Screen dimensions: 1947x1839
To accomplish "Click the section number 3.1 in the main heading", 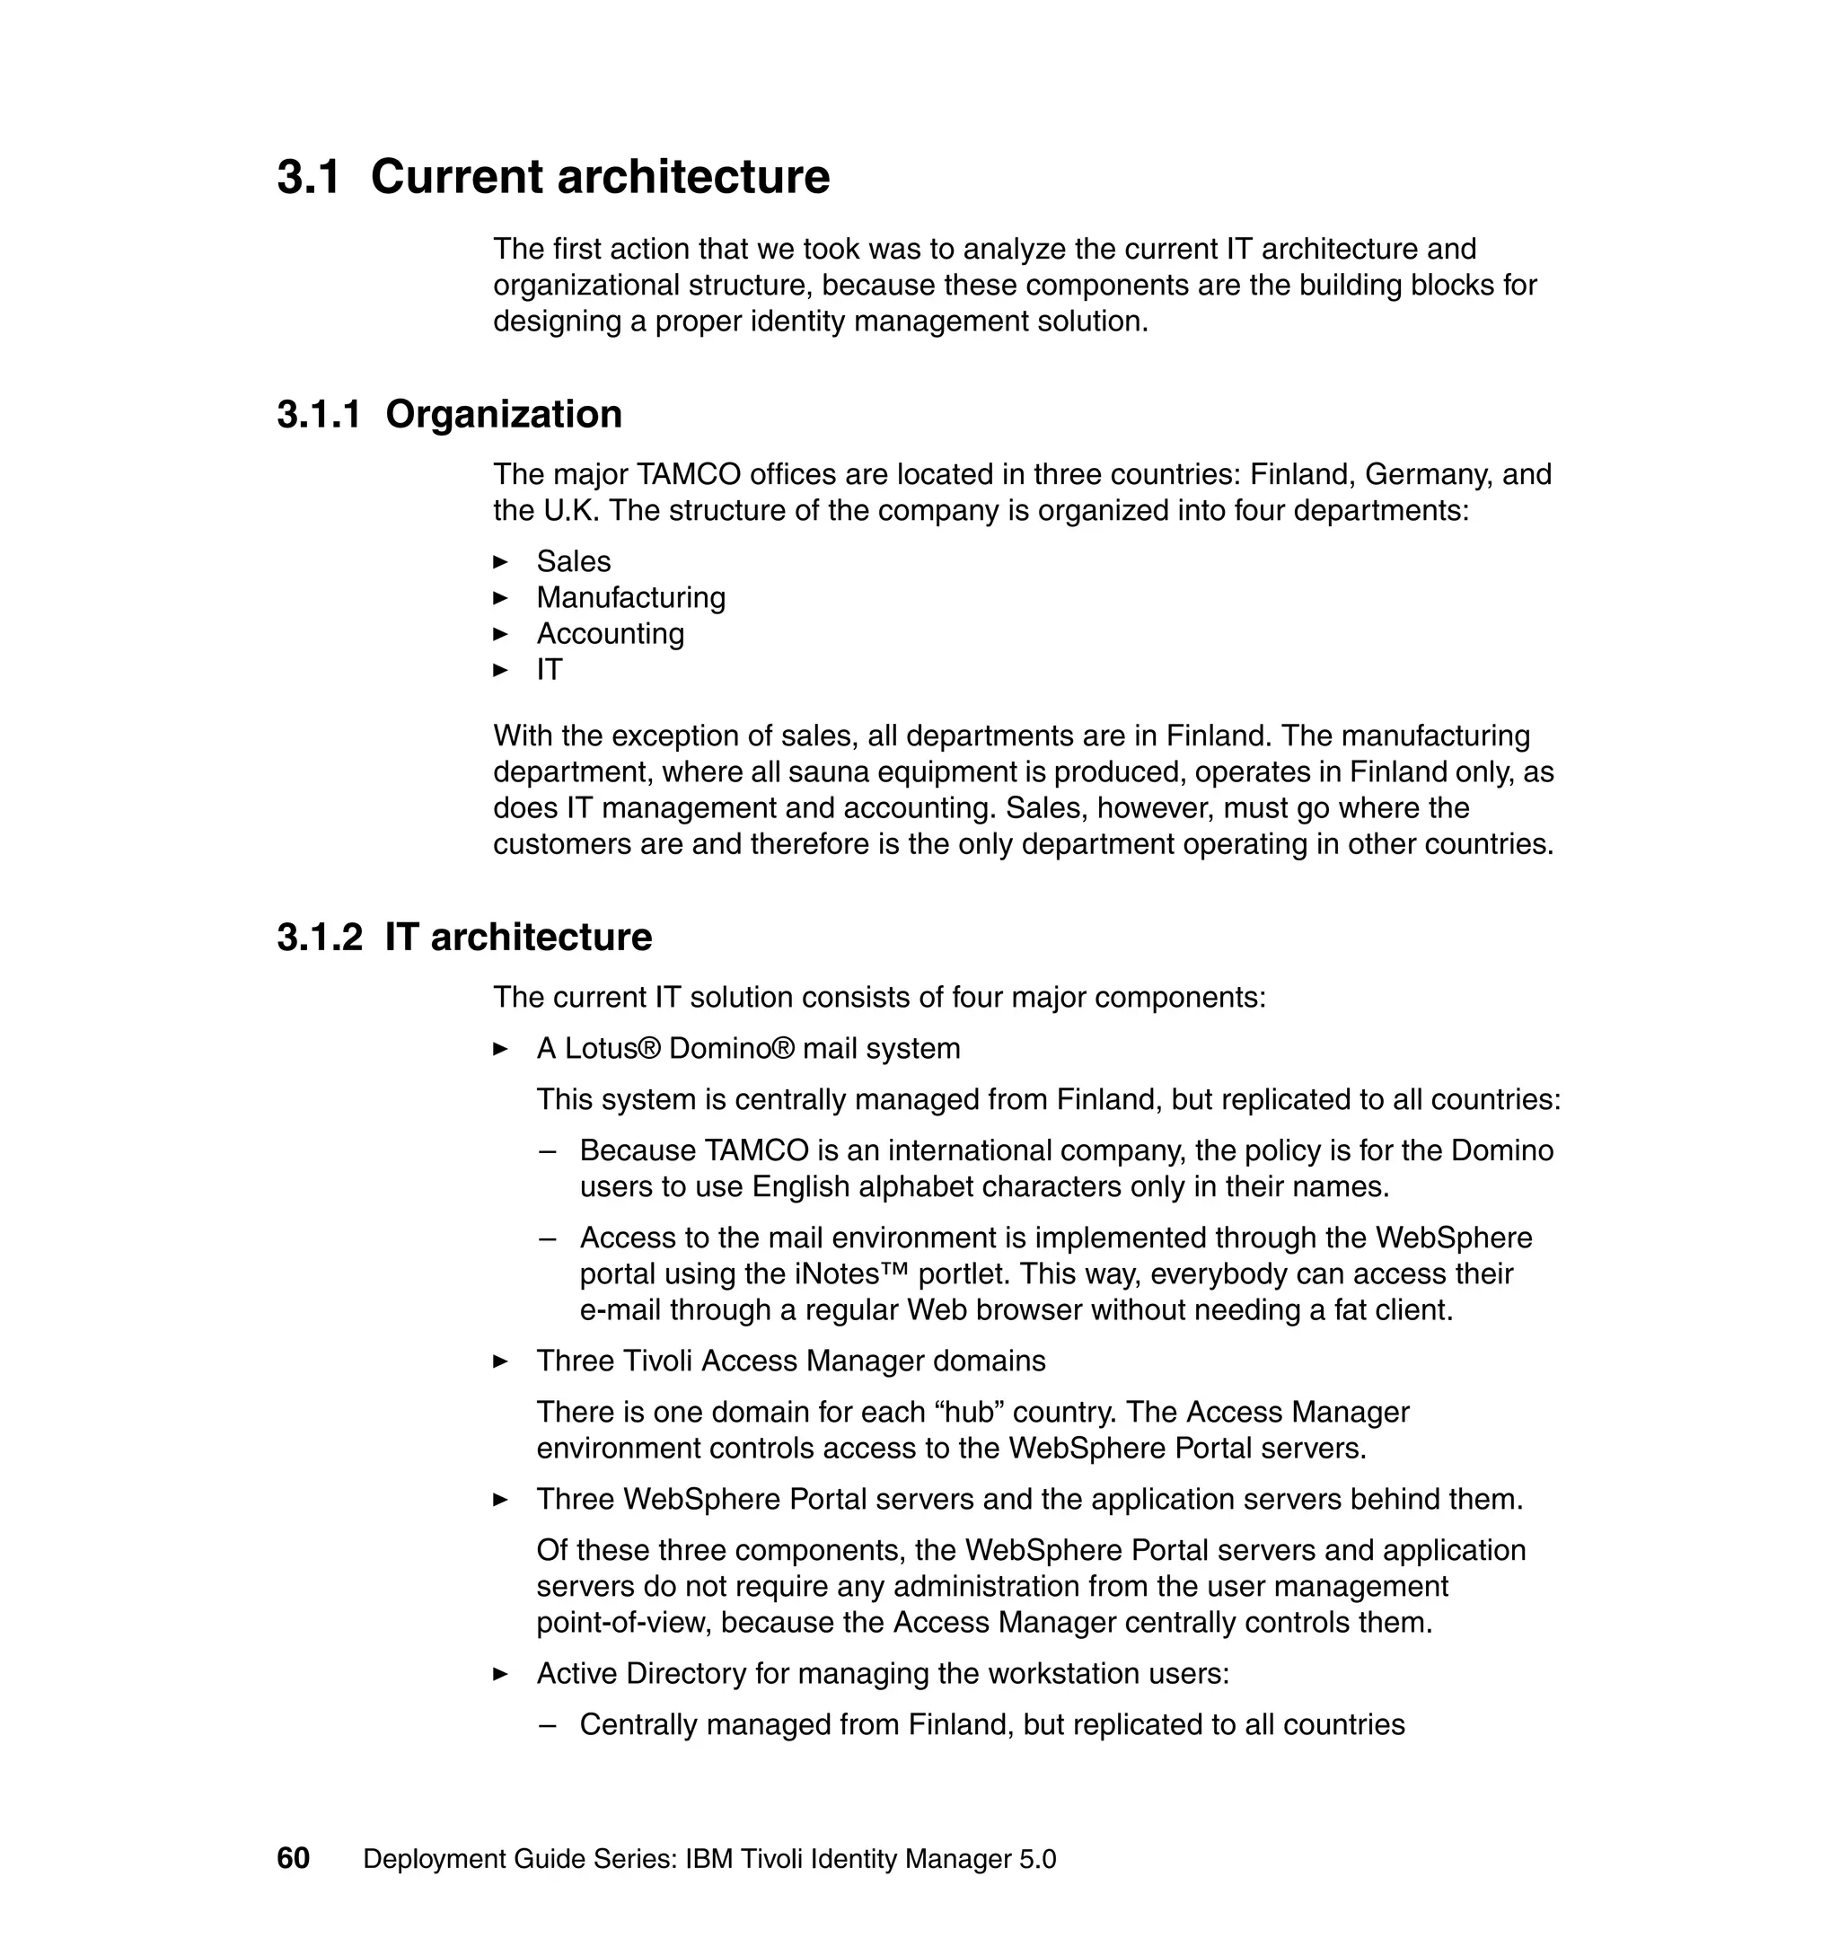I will point(309,178).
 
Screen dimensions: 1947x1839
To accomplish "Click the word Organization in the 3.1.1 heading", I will point(504,415).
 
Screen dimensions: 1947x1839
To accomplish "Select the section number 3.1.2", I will point(320,938).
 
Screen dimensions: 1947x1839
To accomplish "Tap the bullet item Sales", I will point(574,562).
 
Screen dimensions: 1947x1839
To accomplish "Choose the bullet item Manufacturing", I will point(630,598).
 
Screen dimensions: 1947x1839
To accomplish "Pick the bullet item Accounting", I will point(610,634).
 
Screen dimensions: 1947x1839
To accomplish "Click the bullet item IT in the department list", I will point(549,671).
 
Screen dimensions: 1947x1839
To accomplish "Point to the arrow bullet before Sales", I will point(500,562).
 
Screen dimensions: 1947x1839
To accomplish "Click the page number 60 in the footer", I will point(293,1859).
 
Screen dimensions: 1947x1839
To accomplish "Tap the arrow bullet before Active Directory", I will point(500,1675).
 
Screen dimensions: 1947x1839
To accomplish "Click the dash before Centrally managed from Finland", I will point(548,1725).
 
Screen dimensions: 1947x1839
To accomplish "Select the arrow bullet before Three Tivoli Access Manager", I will point(500,1361).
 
